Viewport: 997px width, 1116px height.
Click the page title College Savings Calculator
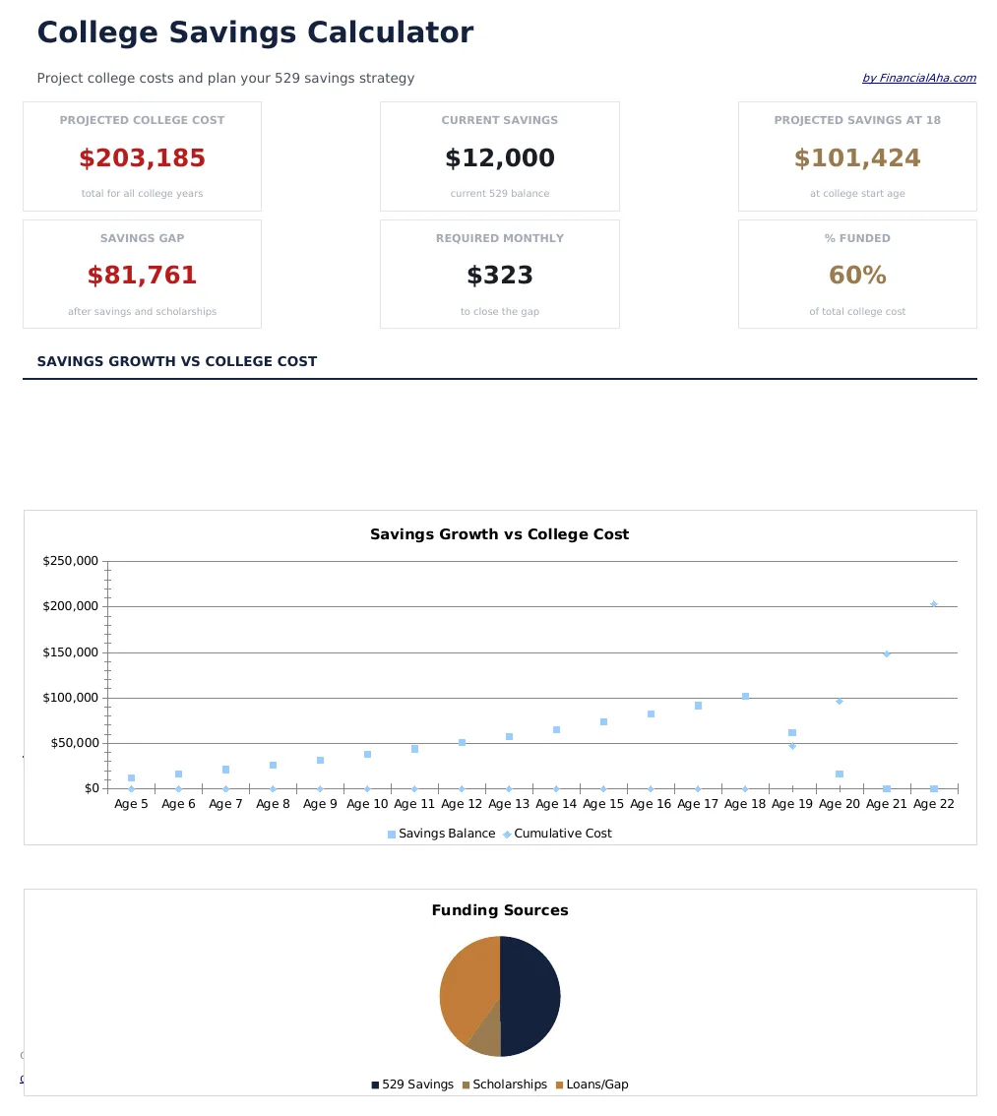tap(255, 32)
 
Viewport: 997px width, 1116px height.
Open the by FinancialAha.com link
tap(918, 78)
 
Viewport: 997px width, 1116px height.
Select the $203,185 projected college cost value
tap(142, 158)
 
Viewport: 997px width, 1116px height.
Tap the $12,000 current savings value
tap(499, 158)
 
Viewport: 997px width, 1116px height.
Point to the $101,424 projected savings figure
tap(857, 158)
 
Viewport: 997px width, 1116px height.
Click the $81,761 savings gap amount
tap(142, 277)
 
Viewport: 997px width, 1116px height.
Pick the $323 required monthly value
tap(499, 277)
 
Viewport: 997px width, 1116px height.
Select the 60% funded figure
tap(857, 277)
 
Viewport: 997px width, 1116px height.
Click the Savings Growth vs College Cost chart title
tap(499, 534)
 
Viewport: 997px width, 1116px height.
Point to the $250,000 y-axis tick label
tap(70, 561)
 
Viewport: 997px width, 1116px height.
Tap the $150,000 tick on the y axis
tap(70, 652)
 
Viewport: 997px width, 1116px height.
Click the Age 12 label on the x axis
tap(462, 804)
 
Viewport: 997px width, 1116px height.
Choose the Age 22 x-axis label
tap(933, 804)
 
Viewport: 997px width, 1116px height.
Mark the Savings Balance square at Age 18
tap(745, 696)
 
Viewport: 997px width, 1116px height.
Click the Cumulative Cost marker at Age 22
tap(933, 604)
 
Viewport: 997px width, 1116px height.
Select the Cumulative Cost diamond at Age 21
tap(886, 653)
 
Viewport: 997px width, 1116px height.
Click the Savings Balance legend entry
tap(441, 834)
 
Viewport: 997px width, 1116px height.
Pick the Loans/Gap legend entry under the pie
tap(592, 1085)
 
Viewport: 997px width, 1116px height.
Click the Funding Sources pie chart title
tap(499, 910)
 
